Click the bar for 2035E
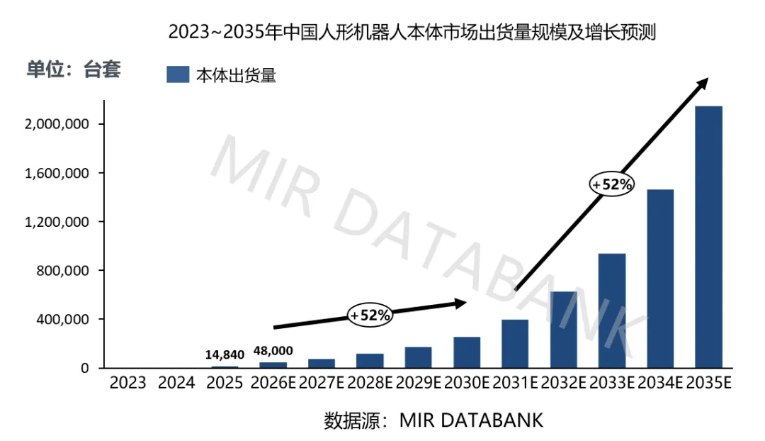click(708, 237)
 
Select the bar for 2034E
click(660, 279)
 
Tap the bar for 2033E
click(612, 311)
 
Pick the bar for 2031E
click(515, 344)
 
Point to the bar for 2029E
click(418, 357)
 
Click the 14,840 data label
click(225, 355)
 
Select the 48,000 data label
click(273, 351)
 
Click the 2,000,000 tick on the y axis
click(57, 124)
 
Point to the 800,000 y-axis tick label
click(62, 271)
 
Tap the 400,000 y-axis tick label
click(62, 319)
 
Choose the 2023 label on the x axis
click(127, 382)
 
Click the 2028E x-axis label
click(369, 382)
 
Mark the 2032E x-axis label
click(563, 382)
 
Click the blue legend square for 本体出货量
click(178, 74)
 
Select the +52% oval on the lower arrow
click(370, 315)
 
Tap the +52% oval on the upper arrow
click(612, 184)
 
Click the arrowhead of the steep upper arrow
click(703, 83)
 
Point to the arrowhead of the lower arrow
click(461, 303)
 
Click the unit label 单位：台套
click(74, 69)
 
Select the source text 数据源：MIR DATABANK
click(433, 420)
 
